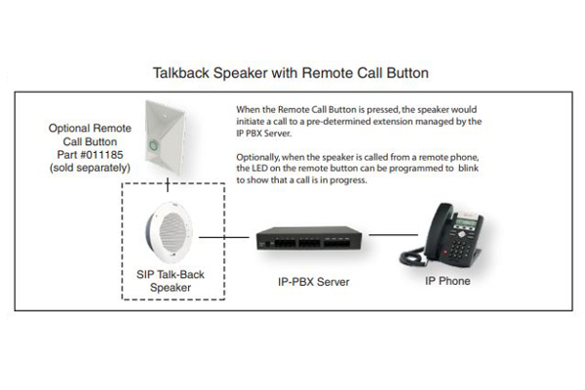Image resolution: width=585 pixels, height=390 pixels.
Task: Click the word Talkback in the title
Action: coord(181,73)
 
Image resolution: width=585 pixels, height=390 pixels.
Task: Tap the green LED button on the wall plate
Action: coord(154,145)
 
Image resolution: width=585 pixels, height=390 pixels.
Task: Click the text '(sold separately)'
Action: coord(90,168)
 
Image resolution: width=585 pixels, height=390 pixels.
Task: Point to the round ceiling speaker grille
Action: coord(173,232)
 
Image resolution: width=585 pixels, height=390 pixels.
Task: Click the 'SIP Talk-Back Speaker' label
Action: coord(171,281)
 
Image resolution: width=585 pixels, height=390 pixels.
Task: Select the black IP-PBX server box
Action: coord(309,238)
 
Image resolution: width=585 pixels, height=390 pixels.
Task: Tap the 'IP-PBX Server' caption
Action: coord(314,282)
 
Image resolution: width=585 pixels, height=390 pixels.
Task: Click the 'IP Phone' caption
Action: coord(448,281)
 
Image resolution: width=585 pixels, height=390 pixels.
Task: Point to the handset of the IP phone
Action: coord(440,226)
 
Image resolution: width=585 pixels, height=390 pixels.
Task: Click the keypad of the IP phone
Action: coord(459,249)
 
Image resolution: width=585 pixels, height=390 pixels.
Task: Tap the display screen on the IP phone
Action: coord(466,223)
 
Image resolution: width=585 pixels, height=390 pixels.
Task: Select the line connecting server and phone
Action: coord(393,235)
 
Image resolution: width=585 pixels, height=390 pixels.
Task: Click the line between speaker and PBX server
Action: coord(224,237)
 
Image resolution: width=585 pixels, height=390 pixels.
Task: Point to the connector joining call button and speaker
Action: coord(168,184)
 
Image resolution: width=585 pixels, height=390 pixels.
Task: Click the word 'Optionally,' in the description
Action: coord(257,157)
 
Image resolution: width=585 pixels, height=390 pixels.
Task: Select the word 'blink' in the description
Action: coord(468,168)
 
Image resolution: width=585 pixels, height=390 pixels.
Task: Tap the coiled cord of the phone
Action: coord(412,256)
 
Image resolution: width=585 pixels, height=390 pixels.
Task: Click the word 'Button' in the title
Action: coord(408,73)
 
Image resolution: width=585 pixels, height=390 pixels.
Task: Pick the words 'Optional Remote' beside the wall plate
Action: coord(90,128)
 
